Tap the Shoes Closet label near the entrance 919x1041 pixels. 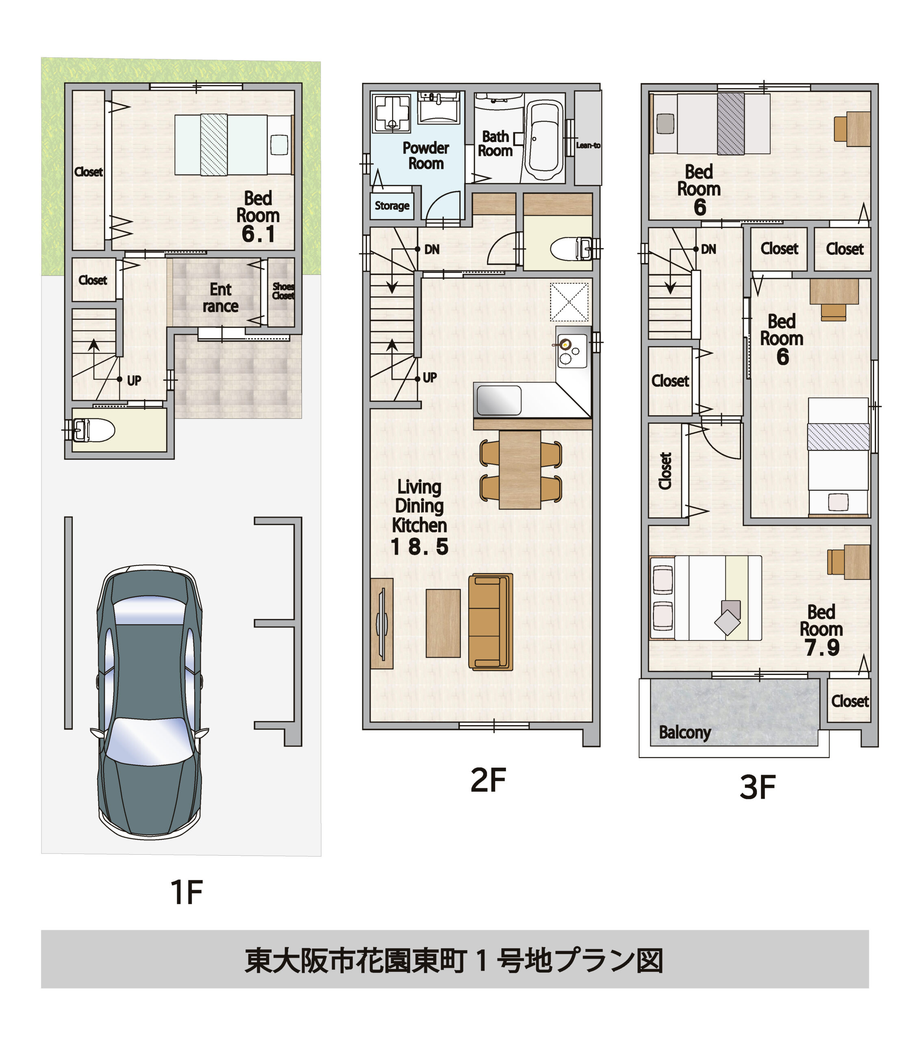coord(283,291)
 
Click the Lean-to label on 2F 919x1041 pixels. coord(588,145)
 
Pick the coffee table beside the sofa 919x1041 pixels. coord(443,623)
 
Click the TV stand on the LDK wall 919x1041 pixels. coord(381,623)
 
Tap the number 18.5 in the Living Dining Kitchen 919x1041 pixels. coord(419,547)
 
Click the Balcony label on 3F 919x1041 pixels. coord(684,732)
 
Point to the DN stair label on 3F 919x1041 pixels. coord(708,249)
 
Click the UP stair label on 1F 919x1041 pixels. coord(134,381)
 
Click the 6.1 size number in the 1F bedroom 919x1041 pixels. coord(258,234)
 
